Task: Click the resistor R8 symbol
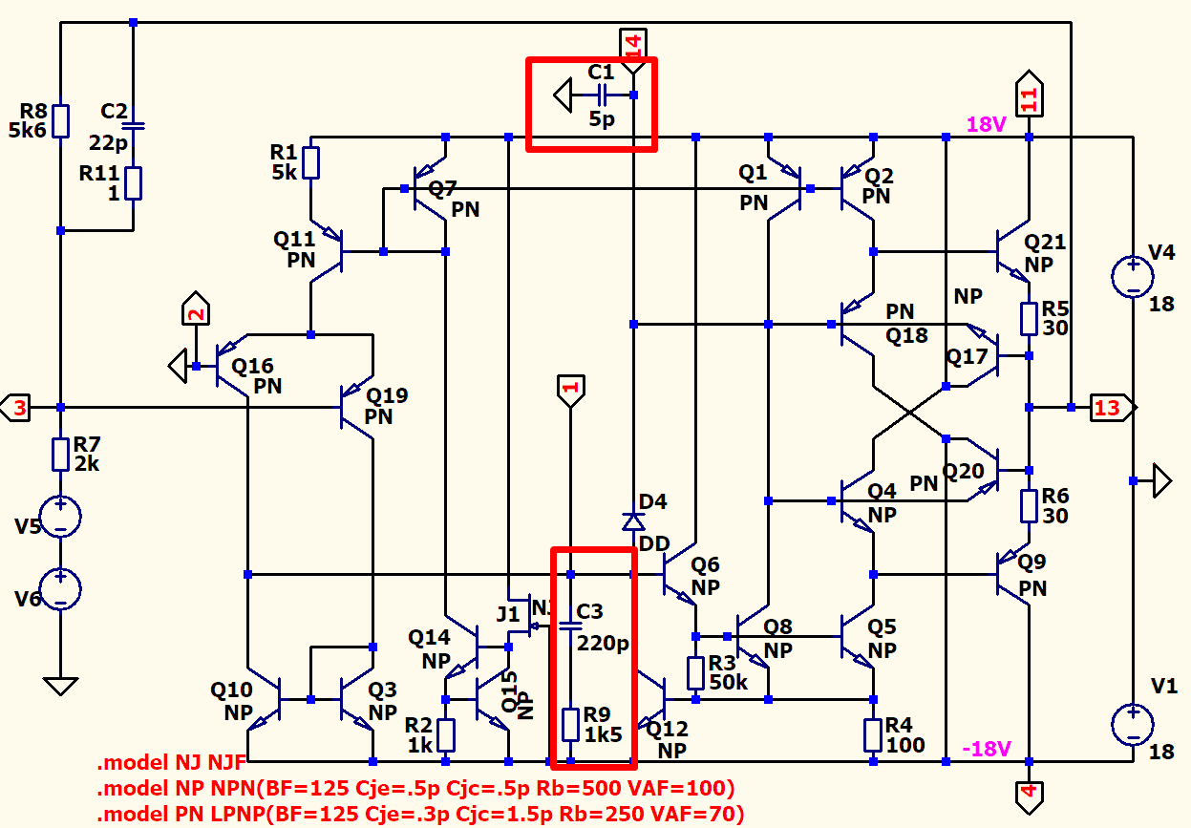[60, 121]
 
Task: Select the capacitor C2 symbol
[133, 125]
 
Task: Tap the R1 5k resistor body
[310, 163]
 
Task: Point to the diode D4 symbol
[632, 520]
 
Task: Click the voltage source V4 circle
[1133, 277]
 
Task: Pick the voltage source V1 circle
[1133, 724]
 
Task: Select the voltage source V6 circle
[60, 589]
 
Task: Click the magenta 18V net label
[986, 125]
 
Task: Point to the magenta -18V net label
[986, 749]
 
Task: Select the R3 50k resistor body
[695, 672]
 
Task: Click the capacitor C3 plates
[570, 626]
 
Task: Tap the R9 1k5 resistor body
[570, 725]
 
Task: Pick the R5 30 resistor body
[1029, 318]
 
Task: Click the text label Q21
[1044, 243]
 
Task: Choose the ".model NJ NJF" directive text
[171, 764]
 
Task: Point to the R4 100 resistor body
[873, 734]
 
